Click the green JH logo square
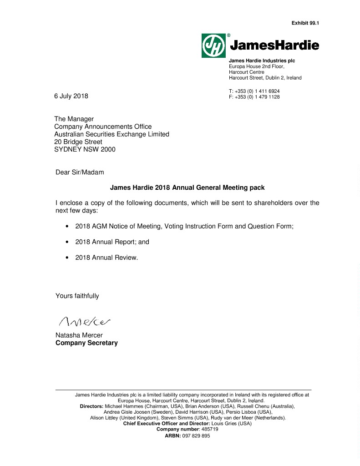coord(214,45)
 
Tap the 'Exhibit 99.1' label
coord(305,23)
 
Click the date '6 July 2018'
coord(71,96)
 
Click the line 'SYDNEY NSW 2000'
coord(85,149)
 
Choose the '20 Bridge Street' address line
coord(78,142)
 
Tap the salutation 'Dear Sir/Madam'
coord(80,172)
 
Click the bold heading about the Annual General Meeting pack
coord(187,187)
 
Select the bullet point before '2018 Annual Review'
coord(67,258)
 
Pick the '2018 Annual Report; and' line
coord(112,242)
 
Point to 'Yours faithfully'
coord(77,296)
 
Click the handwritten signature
coord(85,321)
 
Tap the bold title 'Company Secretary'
coord(86,343)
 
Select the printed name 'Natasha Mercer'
coord(79,335)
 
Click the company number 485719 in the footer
coord(209,429)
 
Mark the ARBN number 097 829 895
coord(195,436)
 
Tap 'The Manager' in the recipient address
coord(74,119)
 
